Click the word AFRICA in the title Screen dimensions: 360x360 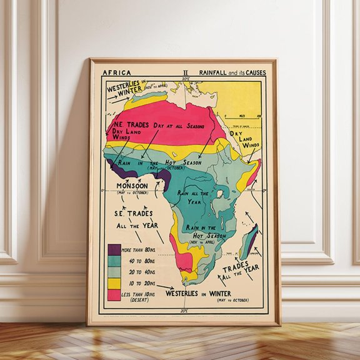116,72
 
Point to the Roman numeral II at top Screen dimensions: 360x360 185,72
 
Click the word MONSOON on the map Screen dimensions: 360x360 132,186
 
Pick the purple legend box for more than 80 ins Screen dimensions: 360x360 114,249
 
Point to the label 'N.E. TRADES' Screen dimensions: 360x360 129,124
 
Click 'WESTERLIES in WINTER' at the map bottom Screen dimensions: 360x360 198,293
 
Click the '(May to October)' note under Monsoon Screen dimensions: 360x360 132,193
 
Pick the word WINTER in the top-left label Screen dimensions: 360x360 125,95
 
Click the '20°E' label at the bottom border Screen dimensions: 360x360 185,310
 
